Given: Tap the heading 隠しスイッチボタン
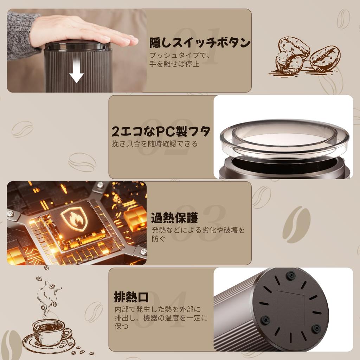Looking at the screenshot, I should click(200, 43).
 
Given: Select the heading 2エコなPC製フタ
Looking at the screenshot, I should click(161, 131).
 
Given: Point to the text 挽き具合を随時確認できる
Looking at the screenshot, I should click(155, 144).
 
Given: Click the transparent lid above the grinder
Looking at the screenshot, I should click(284, 137).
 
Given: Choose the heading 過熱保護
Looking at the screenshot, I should click(174, 218).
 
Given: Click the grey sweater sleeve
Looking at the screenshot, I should click(21, 35).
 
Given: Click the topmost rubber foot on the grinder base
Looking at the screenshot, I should click(290, 275).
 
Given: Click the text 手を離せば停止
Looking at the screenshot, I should click(174, 64).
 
